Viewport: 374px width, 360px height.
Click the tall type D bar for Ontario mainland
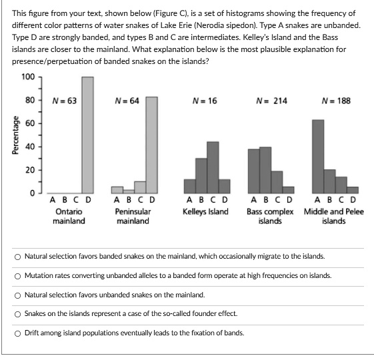tap(87, 135)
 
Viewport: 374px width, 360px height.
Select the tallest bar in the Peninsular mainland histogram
tap(151, 145)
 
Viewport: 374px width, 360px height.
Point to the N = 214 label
tap(272, 101)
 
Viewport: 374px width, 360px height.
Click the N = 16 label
tap(205, 101)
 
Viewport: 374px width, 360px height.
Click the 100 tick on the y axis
tap(27, 77)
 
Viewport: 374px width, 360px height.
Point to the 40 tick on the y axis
tap(29, 147)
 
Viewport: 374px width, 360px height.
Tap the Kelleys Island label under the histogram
tap(205, 211)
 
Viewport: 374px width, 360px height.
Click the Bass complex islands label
tap(270, 216)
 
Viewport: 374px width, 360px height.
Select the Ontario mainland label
tap(69, 216)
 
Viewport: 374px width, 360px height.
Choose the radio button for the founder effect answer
tap(17, 313)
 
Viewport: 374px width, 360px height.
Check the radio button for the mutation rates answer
tap(17, 275)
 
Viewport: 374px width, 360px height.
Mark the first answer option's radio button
tap(17, 256)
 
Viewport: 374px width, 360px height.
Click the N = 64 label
tap(127, 101)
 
